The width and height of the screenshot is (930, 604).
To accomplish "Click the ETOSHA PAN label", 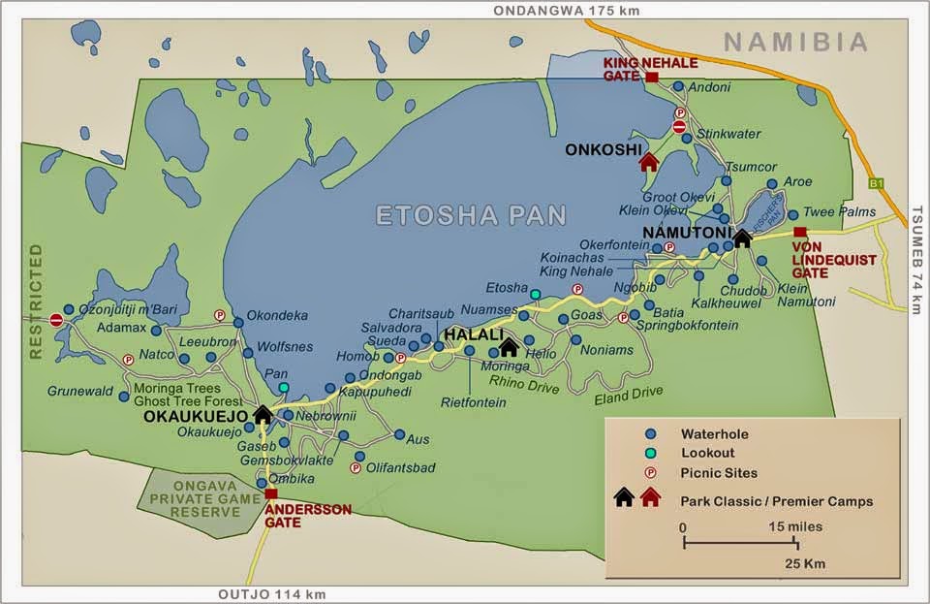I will click(x=471, y=215).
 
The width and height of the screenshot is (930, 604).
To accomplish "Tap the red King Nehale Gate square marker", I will click(x=652, y=77).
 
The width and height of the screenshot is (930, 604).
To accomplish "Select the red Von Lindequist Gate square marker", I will click(x=798, y=232).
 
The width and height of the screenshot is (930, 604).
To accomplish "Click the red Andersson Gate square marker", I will click(x=270, y=493).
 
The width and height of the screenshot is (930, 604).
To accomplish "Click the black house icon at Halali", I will click(x=509, y=346).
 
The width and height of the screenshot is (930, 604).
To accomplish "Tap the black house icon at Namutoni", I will click(x=742, y=237).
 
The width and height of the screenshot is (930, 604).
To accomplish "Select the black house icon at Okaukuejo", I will click(x=263, y=415).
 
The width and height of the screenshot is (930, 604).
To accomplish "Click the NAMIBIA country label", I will click(x=795, y=42).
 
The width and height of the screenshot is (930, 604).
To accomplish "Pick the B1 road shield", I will click(x=878, y=181).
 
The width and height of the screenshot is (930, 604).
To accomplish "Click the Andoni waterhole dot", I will click(x=678, y=86).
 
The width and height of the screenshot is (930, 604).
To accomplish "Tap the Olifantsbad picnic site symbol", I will click(x=356, y=467).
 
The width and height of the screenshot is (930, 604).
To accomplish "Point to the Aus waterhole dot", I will click(x=399, y=434).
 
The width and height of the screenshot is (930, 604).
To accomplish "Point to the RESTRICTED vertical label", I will click(x=36, y=302).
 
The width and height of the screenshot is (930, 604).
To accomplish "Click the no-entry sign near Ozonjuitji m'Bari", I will click(x=56, y=320).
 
